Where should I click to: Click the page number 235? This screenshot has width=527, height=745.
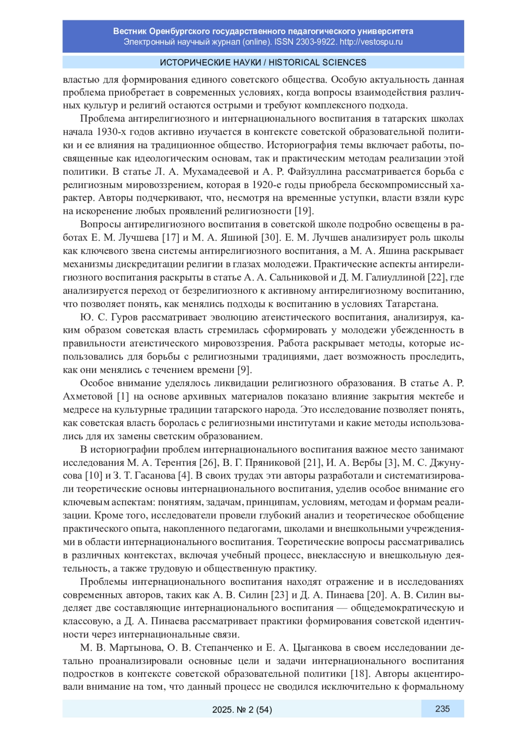click(x=442, y=709)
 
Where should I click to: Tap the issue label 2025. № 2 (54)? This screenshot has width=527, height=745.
click(x=242, y=709)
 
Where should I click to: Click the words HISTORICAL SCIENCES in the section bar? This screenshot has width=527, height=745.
click(x=318, y=62)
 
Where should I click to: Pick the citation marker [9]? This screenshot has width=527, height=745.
click(x=244, y=370)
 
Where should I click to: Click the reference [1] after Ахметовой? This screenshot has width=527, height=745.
click(x=123, y=396)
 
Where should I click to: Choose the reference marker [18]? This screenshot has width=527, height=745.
click(x=360, y=674)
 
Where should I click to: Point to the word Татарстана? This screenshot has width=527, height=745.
click(x=412, y=304)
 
